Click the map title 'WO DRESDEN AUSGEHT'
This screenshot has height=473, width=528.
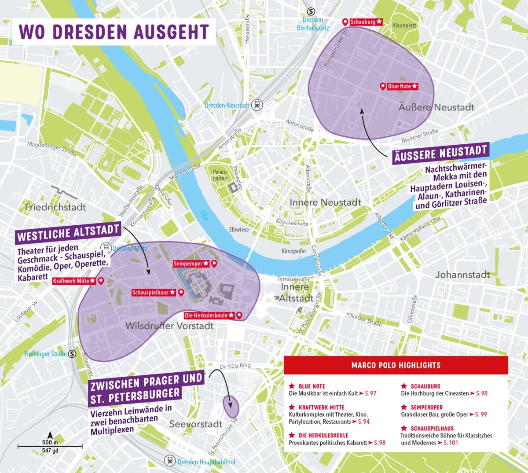tap(114, 32)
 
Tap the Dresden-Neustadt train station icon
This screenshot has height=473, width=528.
tap(257, 105)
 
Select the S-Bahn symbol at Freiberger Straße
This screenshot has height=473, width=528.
tap(72, 354)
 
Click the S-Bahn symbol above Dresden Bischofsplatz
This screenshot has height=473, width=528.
tap(311, 12)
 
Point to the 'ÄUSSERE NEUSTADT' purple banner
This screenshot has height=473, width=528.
tap(440, 154)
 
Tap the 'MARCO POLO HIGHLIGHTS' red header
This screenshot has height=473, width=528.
tap(396, 365)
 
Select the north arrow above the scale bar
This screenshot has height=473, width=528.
tap(50, 435)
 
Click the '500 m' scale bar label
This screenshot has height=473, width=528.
tap(50, 442)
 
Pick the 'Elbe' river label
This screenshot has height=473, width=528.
tap(204, 215)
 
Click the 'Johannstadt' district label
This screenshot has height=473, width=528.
tap(462, 275)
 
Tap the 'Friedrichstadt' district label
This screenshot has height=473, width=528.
tap(55, 207)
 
